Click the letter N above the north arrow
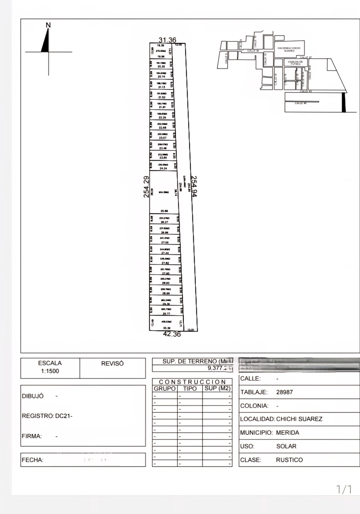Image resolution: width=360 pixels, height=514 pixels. (x=48, y=25)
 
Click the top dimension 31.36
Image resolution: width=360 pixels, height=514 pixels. (x=167, y=40)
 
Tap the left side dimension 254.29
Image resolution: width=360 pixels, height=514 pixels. (x=146, y=187)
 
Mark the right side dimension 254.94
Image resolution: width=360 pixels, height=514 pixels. (x=194, y=186)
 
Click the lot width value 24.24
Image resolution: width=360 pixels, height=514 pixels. (x=162, y=169)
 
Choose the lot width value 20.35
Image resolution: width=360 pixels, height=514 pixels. (x=161, y=67)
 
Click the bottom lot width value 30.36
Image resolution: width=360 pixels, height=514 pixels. (x=167, y=328)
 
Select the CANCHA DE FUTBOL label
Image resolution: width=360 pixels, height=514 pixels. (x=295, y=63)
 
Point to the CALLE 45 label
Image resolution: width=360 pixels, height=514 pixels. (x=300, y=103)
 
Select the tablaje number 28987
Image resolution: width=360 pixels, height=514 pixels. (x=285, y=392)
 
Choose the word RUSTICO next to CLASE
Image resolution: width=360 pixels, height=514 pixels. (x=289, y=460)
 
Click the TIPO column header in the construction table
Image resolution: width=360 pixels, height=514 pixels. (x=189, y=388)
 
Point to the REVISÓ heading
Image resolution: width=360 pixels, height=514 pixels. (x=112, y=363)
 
